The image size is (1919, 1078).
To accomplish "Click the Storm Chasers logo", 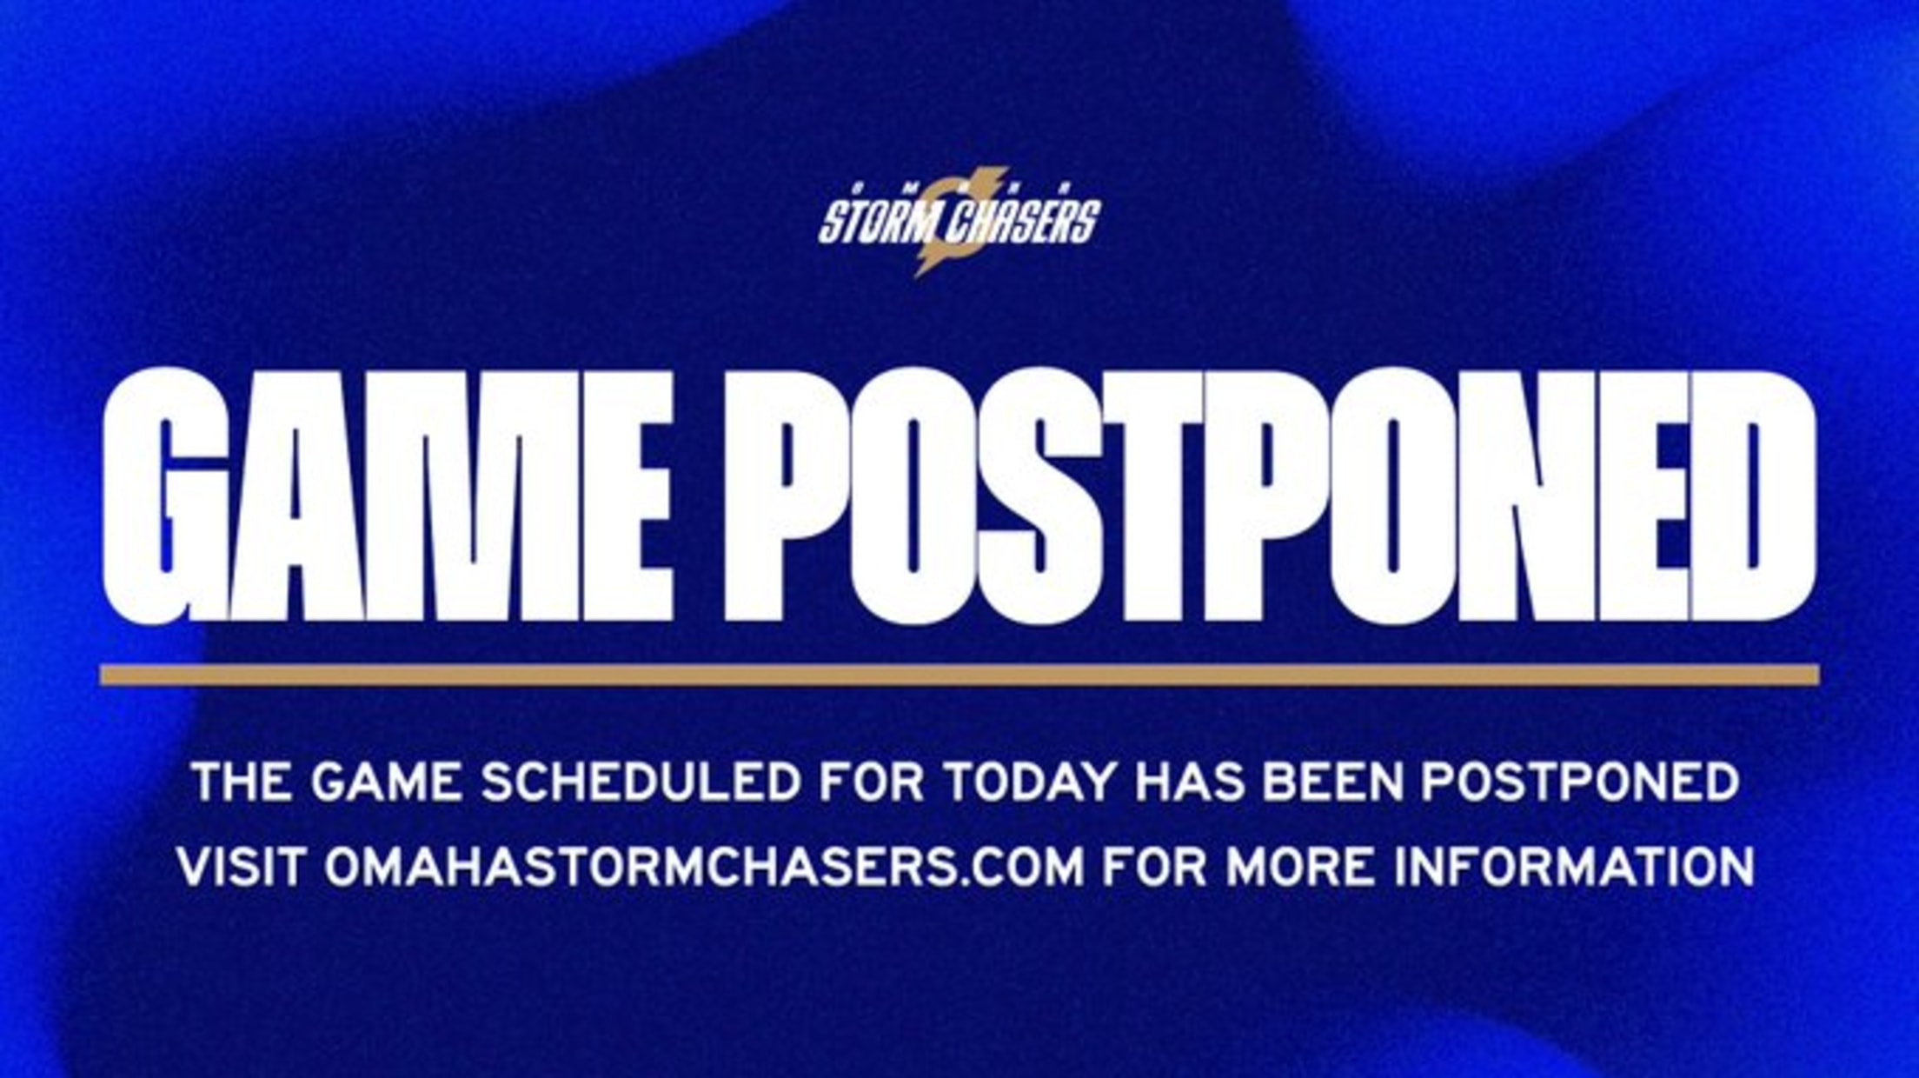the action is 959,223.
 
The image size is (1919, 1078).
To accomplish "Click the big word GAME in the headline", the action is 388,495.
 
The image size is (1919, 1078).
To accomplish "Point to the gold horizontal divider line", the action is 959,675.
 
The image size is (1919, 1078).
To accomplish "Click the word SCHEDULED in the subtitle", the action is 641,782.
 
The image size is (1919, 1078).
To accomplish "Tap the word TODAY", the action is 1027,782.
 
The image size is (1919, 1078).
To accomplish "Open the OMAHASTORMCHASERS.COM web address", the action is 704,866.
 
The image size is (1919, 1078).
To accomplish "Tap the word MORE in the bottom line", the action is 1300,866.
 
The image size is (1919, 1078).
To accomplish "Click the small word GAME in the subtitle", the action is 385,782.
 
